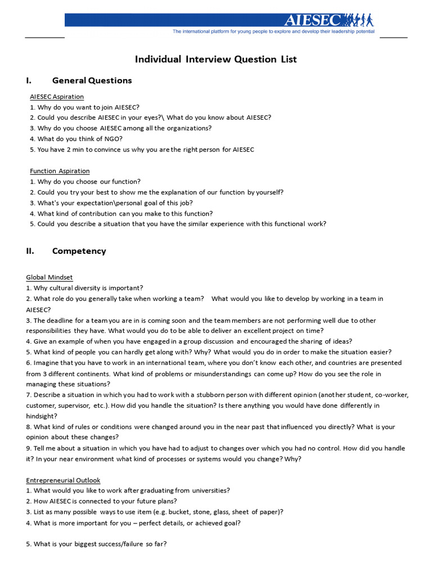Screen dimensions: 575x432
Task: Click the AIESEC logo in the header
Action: pyautogui.click(x=313, y=21)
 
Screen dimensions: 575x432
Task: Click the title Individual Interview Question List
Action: pyautogui.click(x=215, y=59)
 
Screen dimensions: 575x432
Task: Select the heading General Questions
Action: pyautogui.click(x=92, y=80)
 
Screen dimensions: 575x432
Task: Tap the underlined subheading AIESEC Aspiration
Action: pyautogui.click(x=57, y=97)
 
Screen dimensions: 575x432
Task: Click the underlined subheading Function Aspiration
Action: pyautogui.click(x=60, y=171)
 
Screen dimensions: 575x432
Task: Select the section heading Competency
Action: pyautogui.click(x=79, y=251)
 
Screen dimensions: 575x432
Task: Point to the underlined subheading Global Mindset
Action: pyautogui.click(x=49, y=277)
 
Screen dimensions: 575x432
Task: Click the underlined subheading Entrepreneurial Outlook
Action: pyautogui.click(x=63, y=480)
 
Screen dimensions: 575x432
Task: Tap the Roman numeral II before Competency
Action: pyautogui.click(x=30, y=251)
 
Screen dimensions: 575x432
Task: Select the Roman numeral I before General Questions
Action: pyautogui.click(x=28, y=80)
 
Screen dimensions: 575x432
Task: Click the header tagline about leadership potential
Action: pyautogui.click(x=273, y=32)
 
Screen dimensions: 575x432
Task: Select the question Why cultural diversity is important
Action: pyautogui.click(x=84, y=288)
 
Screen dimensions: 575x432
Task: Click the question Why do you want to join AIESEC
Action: pyautogui.click(x=84, y=107)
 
